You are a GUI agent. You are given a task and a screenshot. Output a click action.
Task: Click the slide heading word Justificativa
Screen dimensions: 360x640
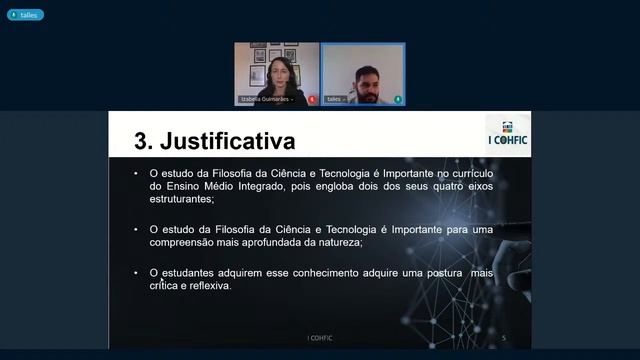228,139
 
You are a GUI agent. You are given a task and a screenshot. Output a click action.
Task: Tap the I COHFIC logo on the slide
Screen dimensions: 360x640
507,136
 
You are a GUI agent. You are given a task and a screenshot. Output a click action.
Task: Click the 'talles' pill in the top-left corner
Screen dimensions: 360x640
27,15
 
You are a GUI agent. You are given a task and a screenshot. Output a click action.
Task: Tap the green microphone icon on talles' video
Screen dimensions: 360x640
398,100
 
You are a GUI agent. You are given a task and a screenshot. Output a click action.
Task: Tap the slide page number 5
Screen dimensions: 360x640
504,338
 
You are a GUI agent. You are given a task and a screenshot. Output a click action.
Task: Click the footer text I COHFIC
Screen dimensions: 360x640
320,338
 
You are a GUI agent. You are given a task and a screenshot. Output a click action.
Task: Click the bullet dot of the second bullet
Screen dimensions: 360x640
137,229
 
